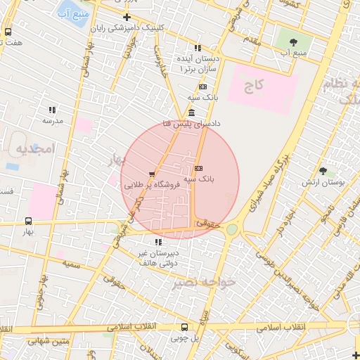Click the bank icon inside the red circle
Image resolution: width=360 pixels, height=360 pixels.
199,169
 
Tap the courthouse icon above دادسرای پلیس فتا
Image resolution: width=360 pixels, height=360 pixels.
192,113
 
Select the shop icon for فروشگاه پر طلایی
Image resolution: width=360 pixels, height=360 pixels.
152,174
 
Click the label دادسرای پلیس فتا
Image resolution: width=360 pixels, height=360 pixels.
192,124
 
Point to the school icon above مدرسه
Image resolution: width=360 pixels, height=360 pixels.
52,110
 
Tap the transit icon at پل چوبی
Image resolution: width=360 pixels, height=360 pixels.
185,327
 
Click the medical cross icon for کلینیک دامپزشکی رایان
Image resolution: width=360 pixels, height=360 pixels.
127,17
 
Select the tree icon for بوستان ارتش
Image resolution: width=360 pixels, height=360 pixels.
323,171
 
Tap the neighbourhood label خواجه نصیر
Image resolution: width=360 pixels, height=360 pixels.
205,283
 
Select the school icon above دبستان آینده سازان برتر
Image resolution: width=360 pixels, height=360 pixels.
198,47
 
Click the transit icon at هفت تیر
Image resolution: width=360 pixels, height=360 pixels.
8,32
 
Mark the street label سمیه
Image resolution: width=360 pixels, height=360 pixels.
71,263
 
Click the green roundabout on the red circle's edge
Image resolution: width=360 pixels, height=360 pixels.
232,229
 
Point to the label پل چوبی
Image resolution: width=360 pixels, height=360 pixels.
185,338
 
